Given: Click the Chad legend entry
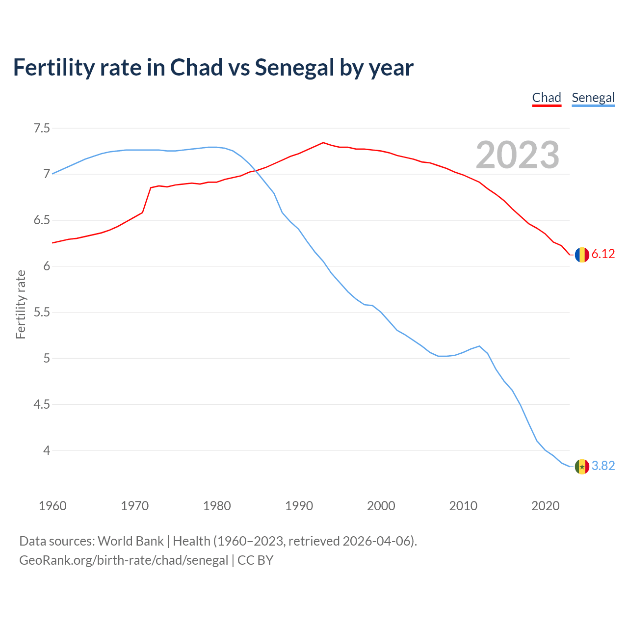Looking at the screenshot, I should pos(547,98).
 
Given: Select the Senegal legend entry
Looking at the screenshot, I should pos(593,98).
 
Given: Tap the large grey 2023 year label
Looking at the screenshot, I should pos(517,155).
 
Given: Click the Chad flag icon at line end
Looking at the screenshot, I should pos(582,255).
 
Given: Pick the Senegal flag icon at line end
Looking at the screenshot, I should pos(582,466).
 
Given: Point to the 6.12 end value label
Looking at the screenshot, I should pos(603,254).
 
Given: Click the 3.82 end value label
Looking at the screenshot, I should pos(603,466).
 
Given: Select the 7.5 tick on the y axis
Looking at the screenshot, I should pos(42,129).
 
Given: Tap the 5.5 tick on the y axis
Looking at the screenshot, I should pos(42,313).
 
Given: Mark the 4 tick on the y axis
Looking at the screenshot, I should pos(47,450).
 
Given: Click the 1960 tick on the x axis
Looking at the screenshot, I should pos(52,506).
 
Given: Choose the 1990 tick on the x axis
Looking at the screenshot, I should pos(299,506).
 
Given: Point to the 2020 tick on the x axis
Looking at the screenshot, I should pos(545,506).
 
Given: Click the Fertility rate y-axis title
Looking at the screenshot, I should pos(21,304).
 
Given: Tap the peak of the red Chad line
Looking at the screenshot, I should pos(323,143).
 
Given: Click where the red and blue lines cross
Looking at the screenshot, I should pos(256,171).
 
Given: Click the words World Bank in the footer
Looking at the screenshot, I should pos(131,541).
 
